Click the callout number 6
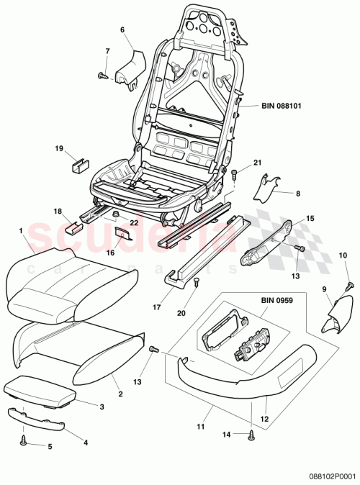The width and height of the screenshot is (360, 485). point(122,30)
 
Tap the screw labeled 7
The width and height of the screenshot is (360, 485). point(103,74)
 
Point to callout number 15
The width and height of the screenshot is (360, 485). point(310,218)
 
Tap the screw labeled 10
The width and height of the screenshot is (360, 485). point(350,286)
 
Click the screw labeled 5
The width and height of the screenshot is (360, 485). point(24,437)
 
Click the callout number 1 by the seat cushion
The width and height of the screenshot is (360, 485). point(22,232)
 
